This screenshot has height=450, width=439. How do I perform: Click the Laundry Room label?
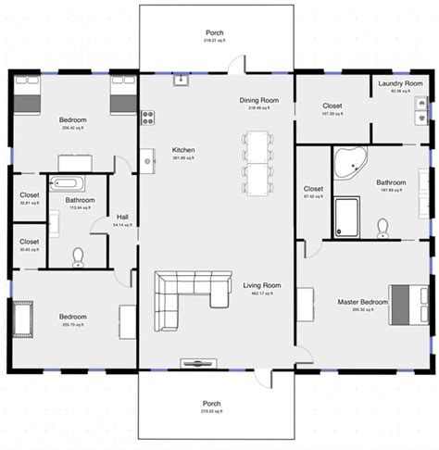click(x=400, y=83)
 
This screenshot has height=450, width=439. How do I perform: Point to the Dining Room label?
click(x=254, y=100)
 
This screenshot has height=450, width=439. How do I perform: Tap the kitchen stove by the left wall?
click(x=146, y=117)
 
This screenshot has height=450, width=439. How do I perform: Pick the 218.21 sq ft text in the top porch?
click(x=215, y=41)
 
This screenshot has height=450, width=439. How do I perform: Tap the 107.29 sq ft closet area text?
click(x=332, y=114)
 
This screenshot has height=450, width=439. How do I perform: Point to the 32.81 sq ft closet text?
click(x=29, y=203)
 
